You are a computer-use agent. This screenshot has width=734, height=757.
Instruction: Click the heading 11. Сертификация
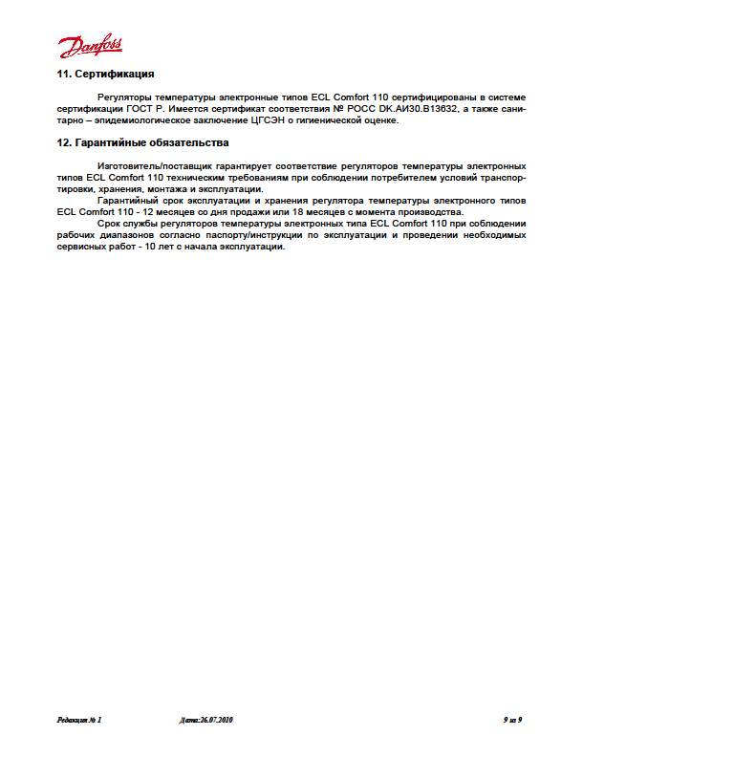(106, 74)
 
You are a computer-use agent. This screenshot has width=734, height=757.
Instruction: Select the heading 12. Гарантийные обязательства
(142, 142)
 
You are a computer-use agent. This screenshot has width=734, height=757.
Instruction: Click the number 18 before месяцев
(301, 212)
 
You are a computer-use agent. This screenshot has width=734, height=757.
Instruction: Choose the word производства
(428, 212)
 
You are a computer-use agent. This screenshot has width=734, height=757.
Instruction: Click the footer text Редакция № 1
(78, 719)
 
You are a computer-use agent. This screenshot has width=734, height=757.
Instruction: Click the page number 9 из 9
(512, 719)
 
